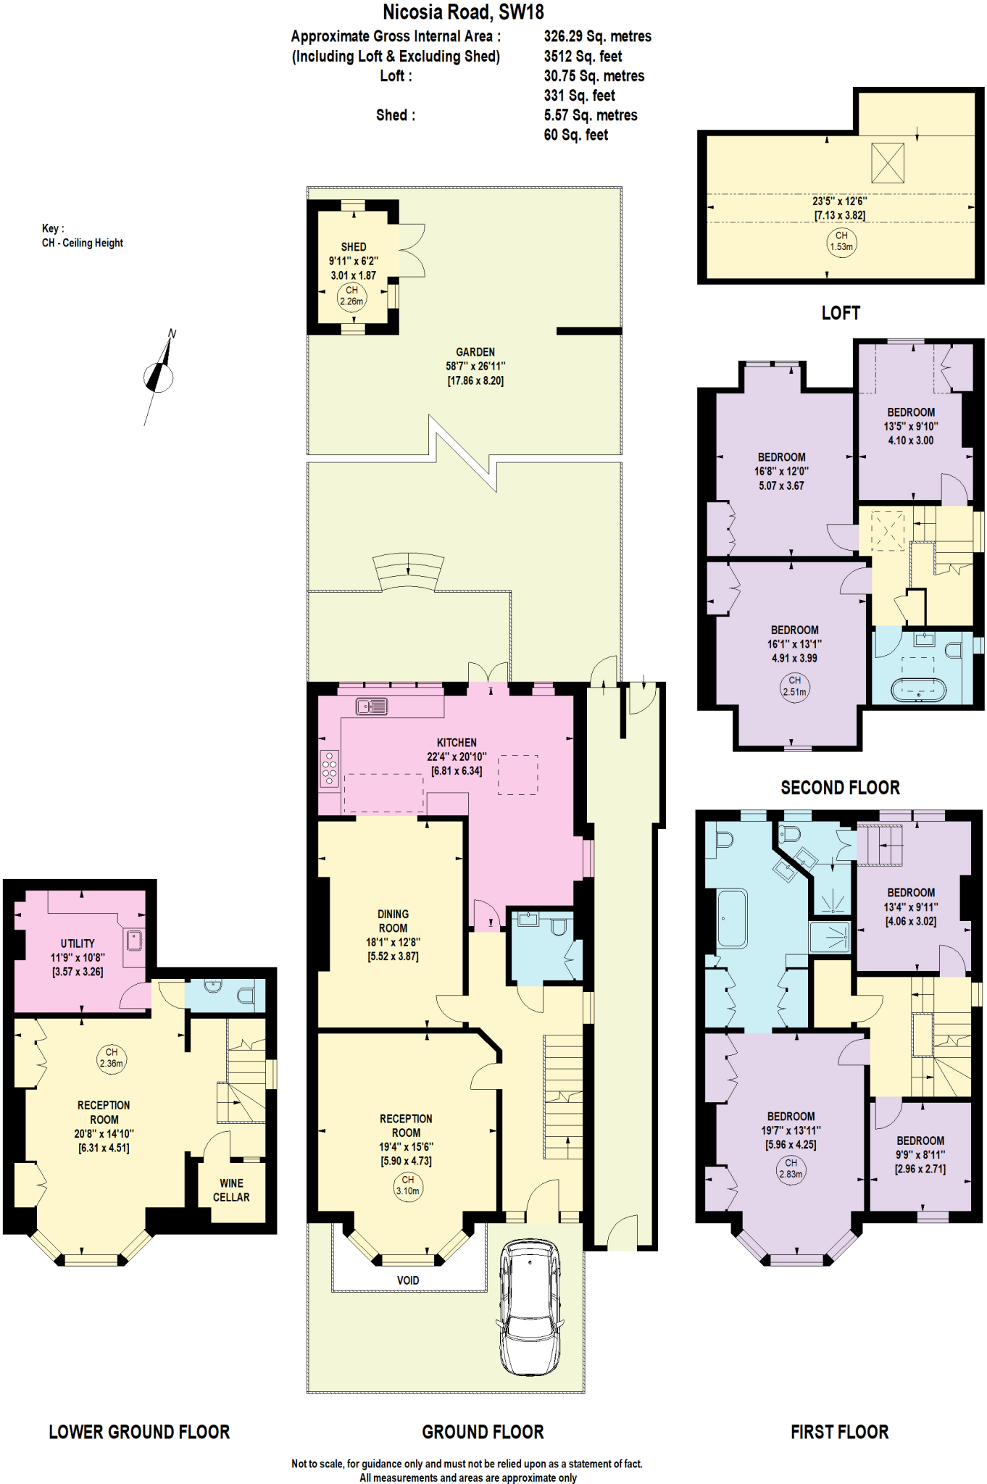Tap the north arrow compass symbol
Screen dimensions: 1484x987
click(x=159, y=377)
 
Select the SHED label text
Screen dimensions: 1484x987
click(x=354, y=247)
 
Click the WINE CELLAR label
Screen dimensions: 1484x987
click(x=231, y=1190)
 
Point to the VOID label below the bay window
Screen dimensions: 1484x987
click(x=408, y=1280)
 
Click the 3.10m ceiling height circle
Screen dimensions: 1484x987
click(x=408, y=1185)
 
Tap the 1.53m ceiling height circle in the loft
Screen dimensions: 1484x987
click(x=841, y=241)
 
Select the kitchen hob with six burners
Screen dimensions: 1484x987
click(x=330, y=768)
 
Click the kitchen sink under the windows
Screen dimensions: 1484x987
click(x=372, y=706)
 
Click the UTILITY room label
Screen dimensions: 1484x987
click(x=78, y=943)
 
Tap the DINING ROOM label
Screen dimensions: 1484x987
click(x=393, y=921)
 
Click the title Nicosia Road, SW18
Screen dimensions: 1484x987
click(x=463, y=12)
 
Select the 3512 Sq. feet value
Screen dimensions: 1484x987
click(x=583, y=57)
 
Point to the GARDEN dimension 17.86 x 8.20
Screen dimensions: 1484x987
click(x=475, y=380)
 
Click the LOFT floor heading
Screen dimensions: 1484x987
click(x=841, y=313)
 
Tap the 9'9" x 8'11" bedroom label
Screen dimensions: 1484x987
click(x=920, y=1154)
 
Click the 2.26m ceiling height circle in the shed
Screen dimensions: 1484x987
click(x=352, y=296)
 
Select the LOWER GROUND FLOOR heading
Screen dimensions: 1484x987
click(x=139, y=1432)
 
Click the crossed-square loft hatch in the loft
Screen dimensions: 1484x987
click(x=887, y=163)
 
